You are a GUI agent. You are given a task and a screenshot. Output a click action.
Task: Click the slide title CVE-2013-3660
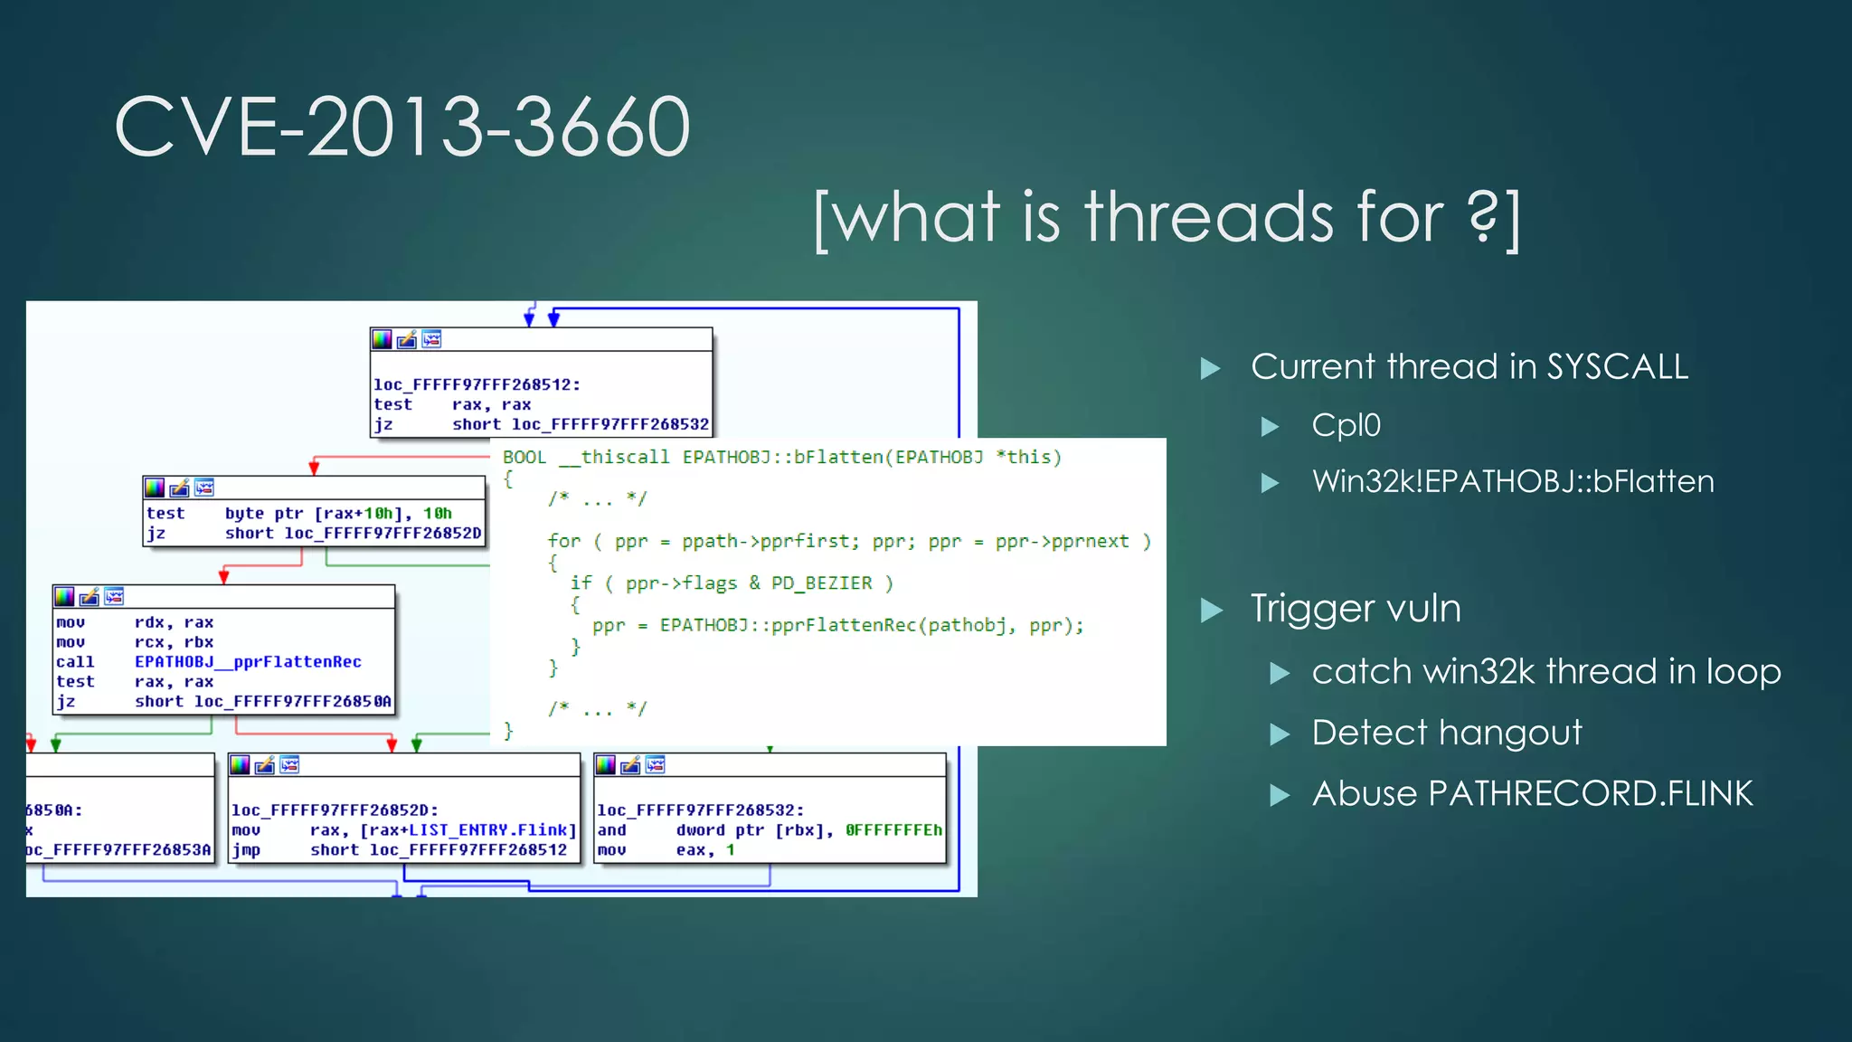pos(402,128)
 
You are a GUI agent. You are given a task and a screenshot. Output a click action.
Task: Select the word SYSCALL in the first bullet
pos(1617,367)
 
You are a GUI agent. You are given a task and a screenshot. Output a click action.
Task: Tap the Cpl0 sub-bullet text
pos(1346,425)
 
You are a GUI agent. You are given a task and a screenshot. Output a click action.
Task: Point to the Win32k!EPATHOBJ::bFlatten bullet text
pos(1512,481)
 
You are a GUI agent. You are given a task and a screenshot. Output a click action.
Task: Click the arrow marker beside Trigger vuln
pos(1211,611)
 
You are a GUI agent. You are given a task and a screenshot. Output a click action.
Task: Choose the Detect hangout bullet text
pos(1446,733)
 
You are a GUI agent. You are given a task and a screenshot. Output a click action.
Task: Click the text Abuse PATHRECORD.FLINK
pos(1532,794)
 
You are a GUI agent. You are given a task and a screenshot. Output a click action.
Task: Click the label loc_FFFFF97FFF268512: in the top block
pos(477,384)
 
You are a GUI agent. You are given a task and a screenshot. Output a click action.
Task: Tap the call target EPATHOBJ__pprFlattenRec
pos(248,662)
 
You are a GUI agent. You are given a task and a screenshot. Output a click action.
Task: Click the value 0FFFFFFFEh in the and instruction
pos(893,830)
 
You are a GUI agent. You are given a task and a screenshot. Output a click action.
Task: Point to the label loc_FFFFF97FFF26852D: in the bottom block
pos(335,810)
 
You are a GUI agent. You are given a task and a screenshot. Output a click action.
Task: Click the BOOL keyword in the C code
pos(524,458)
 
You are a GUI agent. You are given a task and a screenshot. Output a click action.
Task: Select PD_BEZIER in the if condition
pos(821,583)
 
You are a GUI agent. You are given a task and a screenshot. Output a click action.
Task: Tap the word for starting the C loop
pos(563,541)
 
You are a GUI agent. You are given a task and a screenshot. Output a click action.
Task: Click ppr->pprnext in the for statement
pos(1062,541)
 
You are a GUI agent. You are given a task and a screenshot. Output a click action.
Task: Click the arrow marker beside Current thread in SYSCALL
pos(1210,368)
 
